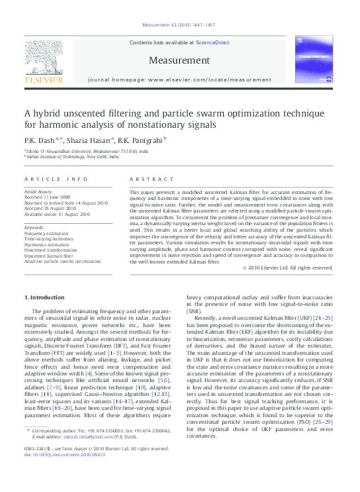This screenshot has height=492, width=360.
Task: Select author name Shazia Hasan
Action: tap(89, 139)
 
